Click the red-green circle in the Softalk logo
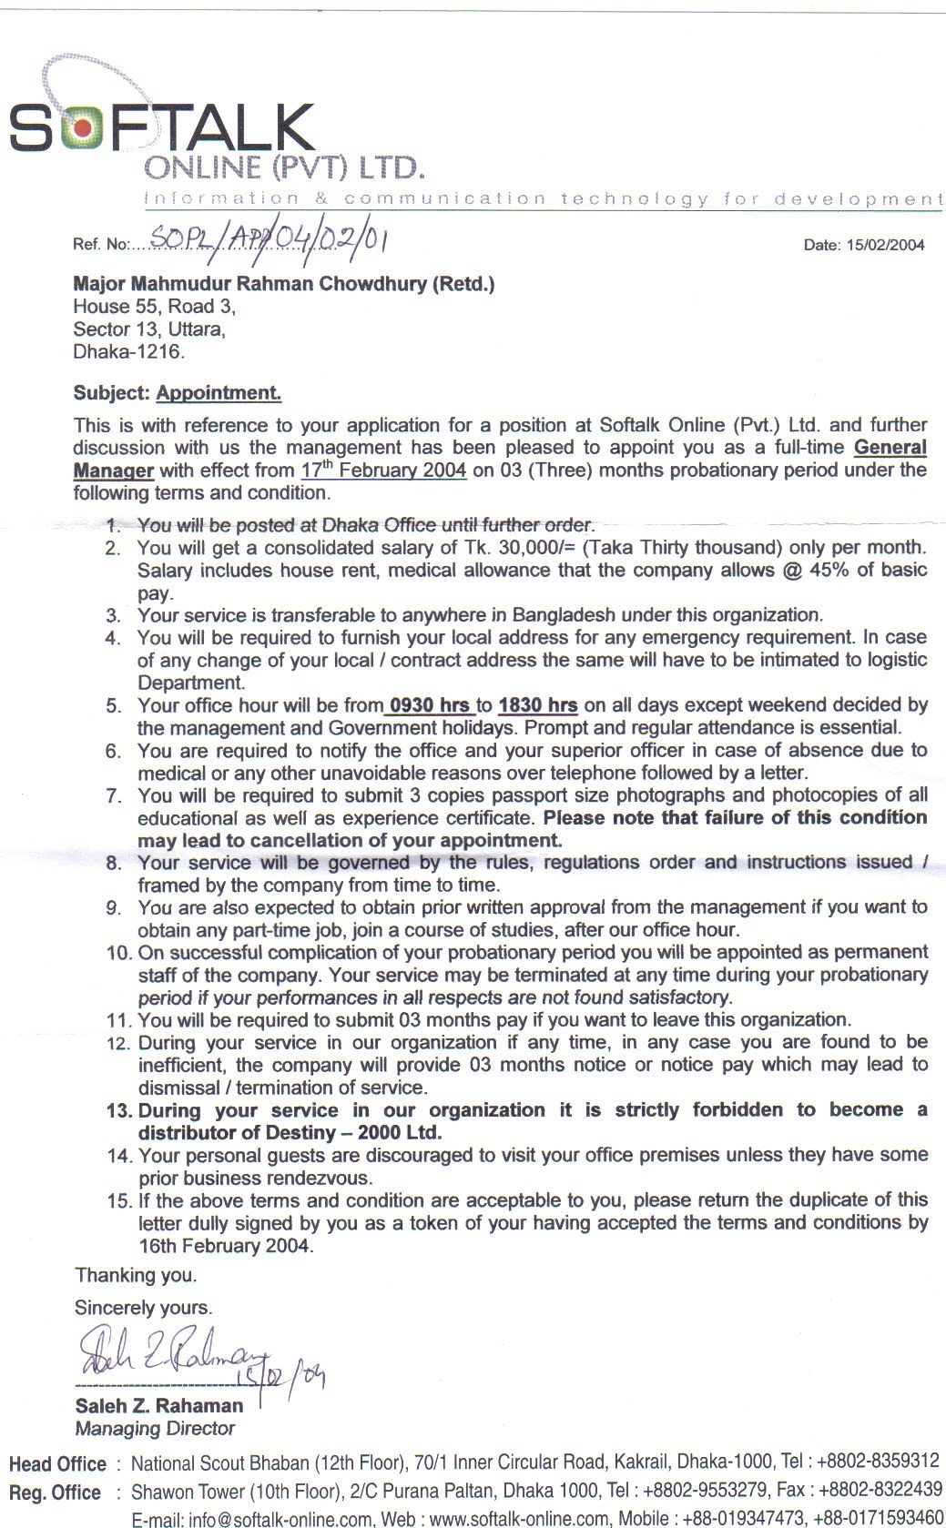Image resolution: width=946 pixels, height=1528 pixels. (x=83, y=126)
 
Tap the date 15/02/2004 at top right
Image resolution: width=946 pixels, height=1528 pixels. (x=864, y=245)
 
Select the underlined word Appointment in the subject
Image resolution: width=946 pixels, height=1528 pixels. (x=219, y=393)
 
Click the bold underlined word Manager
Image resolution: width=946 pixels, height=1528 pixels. (x=113, y=471)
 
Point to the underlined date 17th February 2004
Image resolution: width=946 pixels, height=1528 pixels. (x=383, y=471)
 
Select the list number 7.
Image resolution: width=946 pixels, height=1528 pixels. (x=114, y=795)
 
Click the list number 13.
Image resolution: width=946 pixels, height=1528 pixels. (x=119, y=1110)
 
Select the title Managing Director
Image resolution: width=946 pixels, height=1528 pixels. (x=155, y=1429)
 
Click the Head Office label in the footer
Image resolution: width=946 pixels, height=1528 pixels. (x=57, y=1464)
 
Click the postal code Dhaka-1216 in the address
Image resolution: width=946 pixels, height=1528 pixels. (x=128, y=351)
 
